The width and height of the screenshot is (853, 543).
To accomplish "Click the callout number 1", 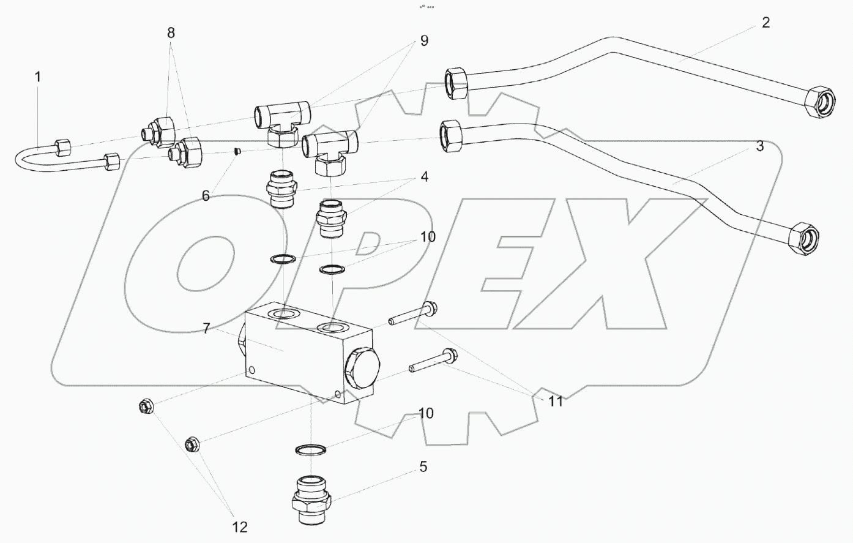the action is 37,77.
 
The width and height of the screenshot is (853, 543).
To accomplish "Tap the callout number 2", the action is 765,23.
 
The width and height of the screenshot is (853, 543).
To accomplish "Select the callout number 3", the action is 760,146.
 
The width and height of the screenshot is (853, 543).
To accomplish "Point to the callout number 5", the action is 423,467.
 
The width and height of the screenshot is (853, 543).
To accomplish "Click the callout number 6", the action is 206,195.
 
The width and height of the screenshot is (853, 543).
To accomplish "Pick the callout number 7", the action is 206,328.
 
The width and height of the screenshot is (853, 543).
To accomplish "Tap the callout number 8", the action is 171,33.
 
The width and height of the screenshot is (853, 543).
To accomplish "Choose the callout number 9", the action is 424,40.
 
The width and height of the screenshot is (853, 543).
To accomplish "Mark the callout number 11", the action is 555,401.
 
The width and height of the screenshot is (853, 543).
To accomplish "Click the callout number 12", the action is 239,527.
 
